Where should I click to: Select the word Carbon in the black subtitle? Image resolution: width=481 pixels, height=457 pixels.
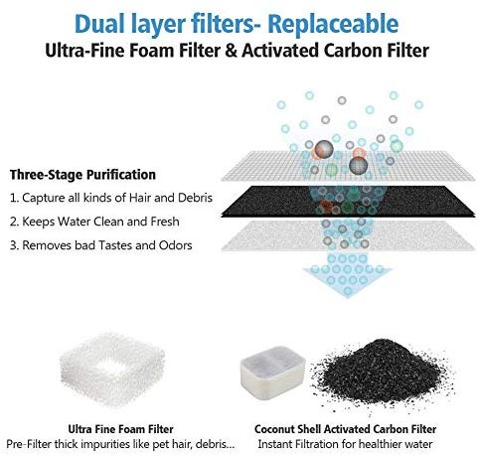pyautogui.click(x=355, y=51)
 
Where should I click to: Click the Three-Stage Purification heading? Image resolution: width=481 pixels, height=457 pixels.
pyautogui.click(x=82, y=175)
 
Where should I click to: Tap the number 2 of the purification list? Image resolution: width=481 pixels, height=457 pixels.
pyautogui.click(x=14, y=222)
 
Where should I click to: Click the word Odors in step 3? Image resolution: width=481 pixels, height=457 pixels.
pyautogui.click(x=176, y=245)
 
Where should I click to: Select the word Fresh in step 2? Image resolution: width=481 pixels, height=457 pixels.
pyautogui.click(x=165, y=222)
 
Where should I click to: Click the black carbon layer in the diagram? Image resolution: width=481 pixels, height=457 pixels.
pyautogui.click(x=348, y=202)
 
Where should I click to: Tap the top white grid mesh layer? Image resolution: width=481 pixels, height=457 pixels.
pyautogui.click(x=348, y=166)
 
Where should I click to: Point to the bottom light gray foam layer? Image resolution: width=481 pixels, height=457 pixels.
pyautogui.click(x=348, y=235)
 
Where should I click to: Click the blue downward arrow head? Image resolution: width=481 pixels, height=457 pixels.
pyautogui.click(x=348, y=281)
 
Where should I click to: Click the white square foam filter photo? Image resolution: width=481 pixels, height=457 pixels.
pyautogui.click(x=112, y=370)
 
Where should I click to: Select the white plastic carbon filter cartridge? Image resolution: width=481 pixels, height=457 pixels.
pyautogui.click(x=273, y=372)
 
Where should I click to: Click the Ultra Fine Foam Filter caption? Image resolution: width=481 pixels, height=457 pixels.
pyautogui.click(x=120, y=429)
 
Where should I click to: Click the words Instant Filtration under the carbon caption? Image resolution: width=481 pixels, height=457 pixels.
pyautogui.click(x=298, y=444)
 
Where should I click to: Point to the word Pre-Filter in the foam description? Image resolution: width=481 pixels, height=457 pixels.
pyautogui.click(x=29, y=444)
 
